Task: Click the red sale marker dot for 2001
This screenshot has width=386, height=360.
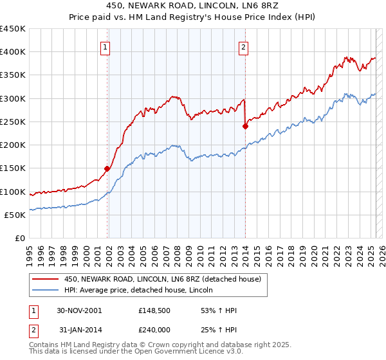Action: [107, 169]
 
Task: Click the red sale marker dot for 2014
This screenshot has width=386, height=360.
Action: [245, 126]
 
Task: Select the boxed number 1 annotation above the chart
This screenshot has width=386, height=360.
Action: [105, 46]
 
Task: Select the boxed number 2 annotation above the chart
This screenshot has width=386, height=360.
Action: [244, 46]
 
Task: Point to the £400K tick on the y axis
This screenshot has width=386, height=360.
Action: [13, 52]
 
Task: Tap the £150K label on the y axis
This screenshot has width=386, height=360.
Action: [13, 168]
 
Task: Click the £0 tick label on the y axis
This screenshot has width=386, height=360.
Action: [19, 238]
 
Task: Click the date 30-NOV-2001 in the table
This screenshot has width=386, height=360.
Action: [79, 310]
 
